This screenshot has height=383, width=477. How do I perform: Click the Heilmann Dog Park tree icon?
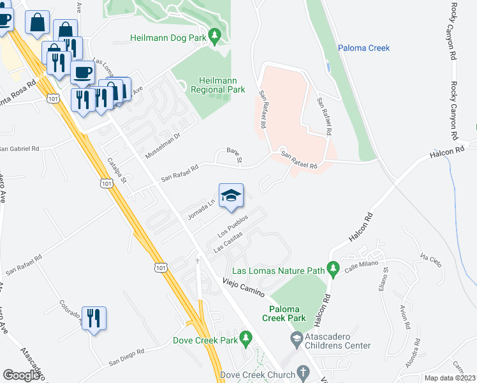pos(216,34)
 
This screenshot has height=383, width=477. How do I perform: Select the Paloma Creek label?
pos(363,48)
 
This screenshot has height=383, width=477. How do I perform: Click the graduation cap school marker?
pos(231,195)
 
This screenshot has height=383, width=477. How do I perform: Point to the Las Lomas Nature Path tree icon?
pos(332,267)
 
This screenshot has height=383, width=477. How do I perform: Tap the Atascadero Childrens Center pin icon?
pos(296,336)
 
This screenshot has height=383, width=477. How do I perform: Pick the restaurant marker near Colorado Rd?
pos(94,317)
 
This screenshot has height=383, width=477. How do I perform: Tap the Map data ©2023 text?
pos(450,378)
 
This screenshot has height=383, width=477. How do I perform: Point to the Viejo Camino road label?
pos(244,285)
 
